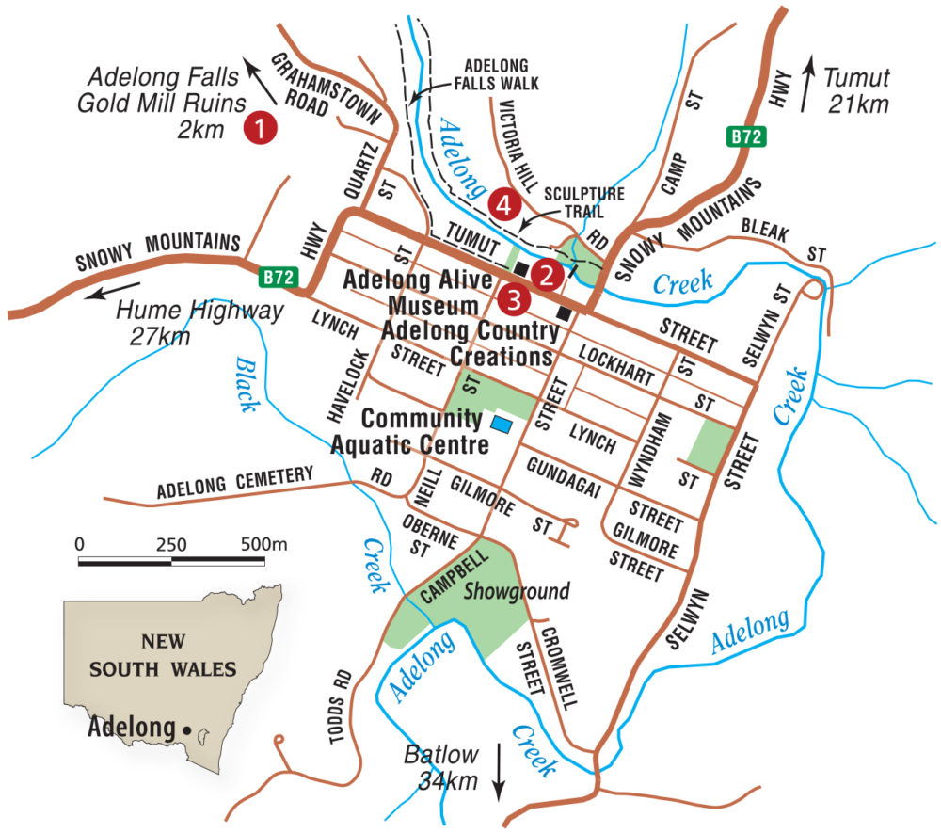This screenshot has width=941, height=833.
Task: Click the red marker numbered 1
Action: click(259, 128)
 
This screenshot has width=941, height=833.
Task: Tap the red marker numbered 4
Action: click(503, 202)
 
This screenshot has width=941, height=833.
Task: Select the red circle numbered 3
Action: click(513, 298)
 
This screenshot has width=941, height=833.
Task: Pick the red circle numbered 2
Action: click(544, 274)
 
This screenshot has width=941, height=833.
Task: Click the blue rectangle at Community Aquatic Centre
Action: click(503, 425)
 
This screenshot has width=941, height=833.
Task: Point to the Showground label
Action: click(517, 591)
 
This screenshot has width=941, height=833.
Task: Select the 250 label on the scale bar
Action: click(170, 544)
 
